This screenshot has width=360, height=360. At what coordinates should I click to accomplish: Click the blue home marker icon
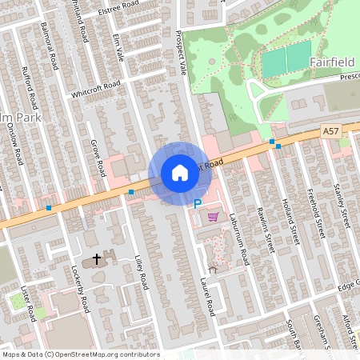click(180, 173)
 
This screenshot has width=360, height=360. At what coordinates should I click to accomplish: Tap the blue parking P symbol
click(198, 205)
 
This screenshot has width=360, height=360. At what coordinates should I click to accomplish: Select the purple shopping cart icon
click(213, 216)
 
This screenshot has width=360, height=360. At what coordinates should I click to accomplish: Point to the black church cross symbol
click(98, 259)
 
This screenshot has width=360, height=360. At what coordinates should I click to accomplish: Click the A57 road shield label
click(331, 130)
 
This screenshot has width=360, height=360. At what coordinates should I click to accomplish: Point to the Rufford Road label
click(31, 90)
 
